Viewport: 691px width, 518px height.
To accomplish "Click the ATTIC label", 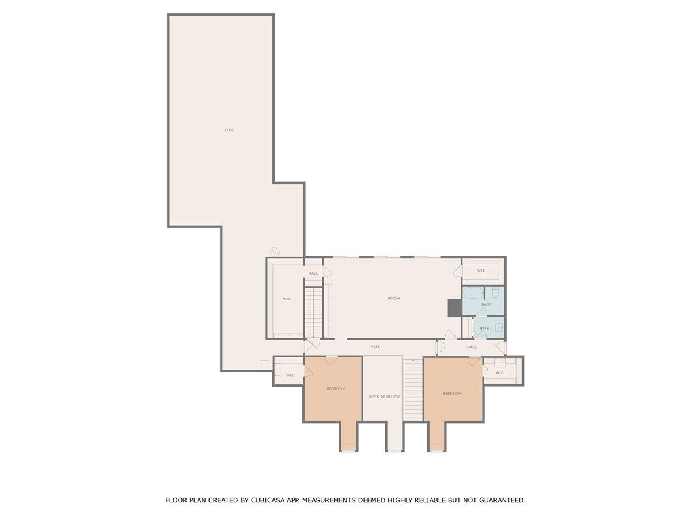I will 229,130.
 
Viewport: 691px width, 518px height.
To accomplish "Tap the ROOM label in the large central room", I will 393,298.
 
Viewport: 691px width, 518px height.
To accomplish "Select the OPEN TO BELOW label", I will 384,397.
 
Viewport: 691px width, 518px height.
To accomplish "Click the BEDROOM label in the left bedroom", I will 336,389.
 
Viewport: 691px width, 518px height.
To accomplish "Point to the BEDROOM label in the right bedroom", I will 452,393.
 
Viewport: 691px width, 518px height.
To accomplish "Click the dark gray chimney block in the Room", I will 454,308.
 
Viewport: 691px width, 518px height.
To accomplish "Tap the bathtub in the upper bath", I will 473,294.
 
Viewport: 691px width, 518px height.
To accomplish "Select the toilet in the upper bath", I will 495,291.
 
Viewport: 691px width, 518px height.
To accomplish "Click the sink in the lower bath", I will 499,327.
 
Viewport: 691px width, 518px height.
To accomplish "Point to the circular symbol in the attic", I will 275,252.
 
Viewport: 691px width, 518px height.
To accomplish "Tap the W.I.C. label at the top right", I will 481,271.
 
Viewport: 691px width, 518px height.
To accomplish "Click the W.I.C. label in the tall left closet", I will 286,299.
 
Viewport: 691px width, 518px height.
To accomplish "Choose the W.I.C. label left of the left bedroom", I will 290,375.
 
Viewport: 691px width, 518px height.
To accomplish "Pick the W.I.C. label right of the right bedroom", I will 499,372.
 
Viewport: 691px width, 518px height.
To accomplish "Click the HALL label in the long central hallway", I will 375,347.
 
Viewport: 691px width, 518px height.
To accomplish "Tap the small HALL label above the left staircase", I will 313,273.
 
